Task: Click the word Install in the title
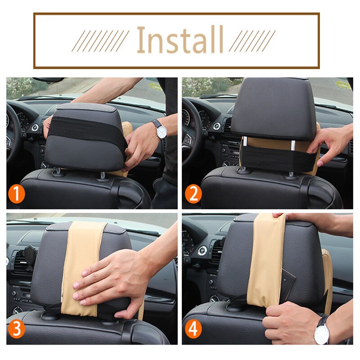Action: pyautogui.click(x=180, y=40)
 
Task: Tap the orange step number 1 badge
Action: pyautogui.click(x=16, y=194)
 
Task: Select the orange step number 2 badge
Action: pyautogui.click(x=193, y=194)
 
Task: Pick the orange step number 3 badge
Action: pyautogui.click(x=16, y=329)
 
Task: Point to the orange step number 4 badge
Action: pyautogui.click(x=193, y=329)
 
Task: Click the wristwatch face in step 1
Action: pyautogui.click(x=162, y=132)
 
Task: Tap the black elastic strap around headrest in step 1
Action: pyautogui.click(x=87, y=129)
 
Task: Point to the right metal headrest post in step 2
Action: pyautogui.click(x=293, y=144)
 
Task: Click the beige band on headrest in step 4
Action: pyautogui.click(x=266, y=260)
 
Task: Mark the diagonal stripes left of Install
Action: pyautogui.click(x=100, y=41)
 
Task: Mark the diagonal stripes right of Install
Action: pyautogui.click(x=252, y=41)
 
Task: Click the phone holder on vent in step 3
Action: pyautogui.click(x=29, y=256)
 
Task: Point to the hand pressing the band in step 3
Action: pyautogui.click(x=112, y=285)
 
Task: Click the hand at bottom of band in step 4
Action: pyautogui.click(x=289, y=321)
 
